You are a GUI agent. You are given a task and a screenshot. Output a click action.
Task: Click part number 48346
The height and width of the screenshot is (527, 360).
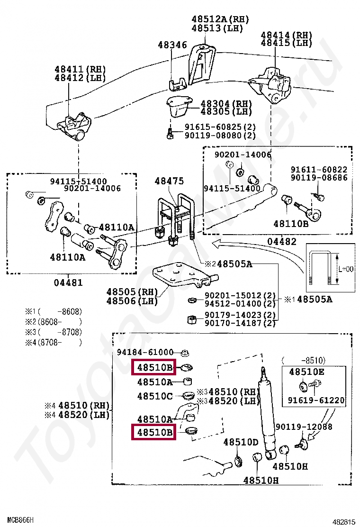pos(172,45)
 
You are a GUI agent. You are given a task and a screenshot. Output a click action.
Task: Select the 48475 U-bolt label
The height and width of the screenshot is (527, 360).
pos(170,182)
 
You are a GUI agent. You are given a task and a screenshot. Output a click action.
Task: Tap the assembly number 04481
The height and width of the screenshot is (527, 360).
pos(68,283)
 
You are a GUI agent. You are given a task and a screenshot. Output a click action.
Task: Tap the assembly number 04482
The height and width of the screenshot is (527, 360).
pos(281,242)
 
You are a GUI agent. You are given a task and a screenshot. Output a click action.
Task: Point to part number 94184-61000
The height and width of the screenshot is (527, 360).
pos(145,353)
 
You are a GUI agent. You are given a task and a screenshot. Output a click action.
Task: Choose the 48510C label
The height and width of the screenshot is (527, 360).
pos(155,396)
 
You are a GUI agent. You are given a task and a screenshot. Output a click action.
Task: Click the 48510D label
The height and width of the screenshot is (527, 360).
pos(241,442)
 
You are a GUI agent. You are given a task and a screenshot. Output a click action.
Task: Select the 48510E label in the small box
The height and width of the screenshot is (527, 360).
pos(306,372)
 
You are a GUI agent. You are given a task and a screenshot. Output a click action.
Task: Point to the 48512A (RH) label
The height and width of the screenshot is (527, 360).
pos(220,19)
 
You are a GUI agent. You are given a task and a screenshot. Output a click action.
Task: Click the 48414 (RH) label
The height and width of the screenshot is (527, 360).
pos(287,35)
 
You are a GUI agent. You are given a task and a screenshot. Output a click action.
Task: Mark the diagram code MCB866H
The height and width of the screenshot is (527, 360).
pos(20,520)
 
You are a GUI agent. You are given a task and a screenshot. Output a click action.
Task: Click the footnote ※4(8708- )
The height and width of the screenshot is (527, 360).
pos(54,342)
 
